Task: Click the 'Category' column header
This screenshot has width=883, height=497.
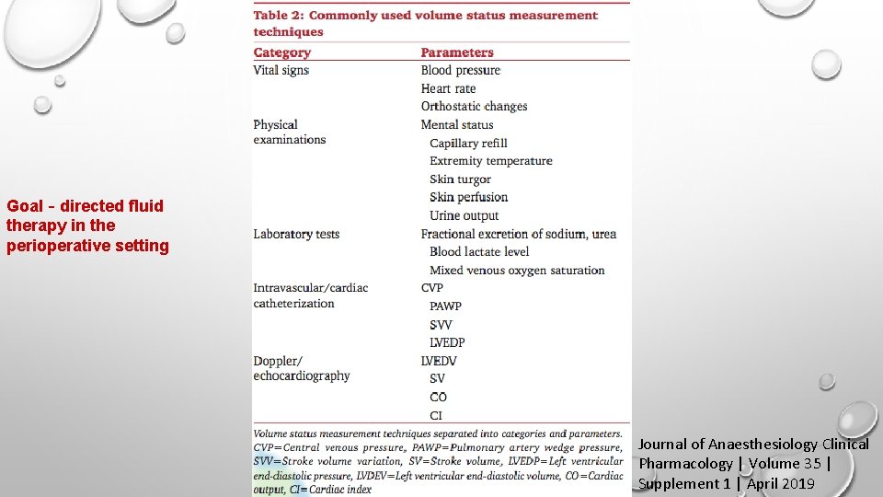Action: click(x=282, y=52)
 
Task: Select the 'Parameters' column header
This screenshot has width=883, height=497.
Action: click(x=457, y=52)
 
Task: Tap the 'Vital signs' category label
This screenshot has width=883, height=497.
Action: click(x=281, y=70)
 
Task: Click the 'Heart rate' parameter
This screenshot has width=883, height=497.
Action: click(x=448, y=88)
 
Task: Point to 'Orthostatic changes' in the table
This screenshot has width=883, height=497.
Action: click(x=474, y=106)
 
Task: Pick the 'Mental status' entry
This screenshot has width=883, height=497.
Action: click(x=457, y=124)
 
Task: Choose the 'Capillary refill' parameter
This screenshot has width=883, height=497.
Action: click(x=468, y=143)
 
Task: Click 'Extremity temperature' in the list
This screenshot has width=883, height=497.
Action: click(x=491, y=160)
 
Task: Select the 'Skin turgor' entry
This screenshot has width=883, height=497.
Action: click(x=460, y=179)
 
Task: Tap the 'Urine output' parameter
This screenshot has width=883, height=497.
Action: click(x=464, y=215)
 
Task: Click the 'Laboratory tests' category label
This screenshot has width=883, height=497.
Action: click(x=296, y=234)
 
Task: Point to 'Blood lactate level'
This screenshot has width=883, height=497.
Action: click(x=479, y=251)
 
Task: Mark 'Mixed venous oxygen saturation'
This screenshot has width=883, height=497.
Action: click(x=517, y=270)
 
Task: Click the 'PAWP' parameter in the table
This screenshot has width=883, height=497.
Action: click(x=445, y=306)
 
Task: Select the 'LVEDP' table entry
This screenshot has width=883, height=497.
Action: click(x=447, y=342)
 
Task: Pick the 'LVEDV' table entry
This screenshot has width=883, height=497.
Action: click(x=439, y=361)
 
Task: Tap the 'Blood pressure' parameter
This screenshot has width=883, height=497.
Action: click(x=461, y=70)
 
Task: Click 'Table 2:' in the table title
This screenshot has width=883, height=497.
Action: click(x=279, y=15)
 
